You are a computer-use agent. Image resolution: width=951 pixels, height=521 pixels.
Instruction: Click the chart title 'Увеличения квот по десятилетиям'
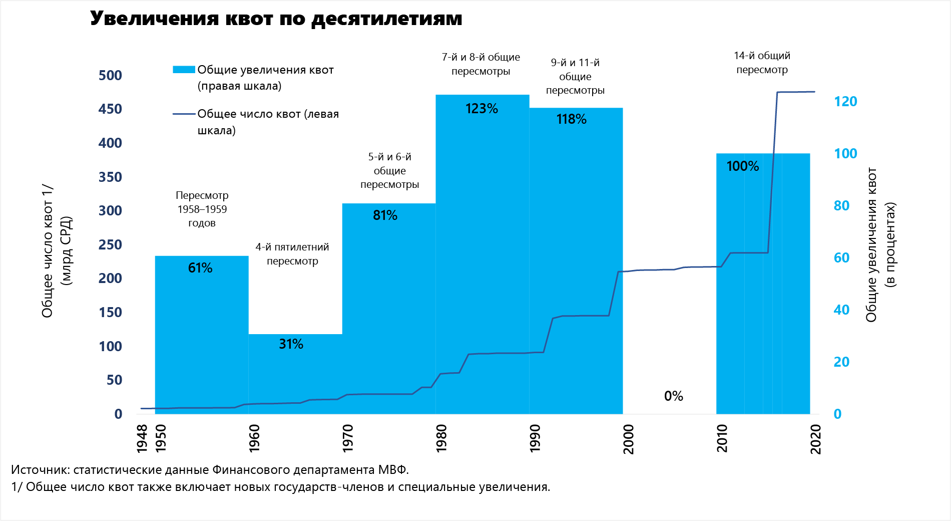point(276,19)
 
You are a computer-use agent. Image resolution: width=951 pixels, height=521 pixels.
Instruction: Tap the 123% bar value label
point(482,109)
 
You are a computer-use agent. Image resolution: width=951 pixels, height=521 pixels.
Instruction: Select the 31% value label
point(291,344)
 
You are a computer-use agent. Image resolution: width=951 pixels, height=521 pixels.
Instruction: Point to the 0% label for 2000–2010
point(673,396)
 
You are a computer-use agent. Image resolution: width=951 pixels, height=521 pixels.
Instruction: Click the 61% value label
point(200,268)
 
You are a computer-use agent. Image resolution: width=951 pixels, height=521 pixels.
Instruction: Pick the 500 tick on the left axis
point(110,76)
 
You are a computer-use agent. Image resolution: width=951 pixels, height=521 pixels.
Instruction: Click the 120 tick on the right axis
point(845,102)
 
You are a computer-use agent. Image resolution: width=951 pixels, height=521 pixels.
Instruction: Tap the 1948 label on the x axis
point(142,438)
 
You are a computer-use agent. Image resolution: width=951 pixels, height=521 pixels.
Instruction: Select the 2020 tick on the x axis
point(816,439)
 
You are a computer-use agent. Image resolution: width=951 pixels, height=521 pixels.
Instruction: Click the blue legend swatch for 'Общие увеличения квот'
point(183,70)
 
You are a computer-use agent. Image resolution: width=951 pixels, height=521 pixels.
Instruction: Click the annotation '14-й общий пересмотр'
point(762,63)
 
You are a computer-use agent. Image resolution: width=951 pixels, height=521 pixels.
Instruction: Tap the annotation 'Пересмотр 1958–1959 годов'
point(202,209)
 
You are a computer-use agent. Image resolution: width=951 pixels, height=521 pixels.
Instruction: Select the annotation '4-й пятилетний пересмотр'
point(292,253)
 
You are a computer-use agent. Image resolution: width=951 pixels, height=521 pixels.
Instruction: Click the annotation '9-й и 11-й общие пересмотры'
point(575,76)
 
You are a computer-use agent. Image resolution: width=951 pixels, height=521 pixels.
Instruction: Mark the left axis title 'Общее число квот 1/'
point(48,250)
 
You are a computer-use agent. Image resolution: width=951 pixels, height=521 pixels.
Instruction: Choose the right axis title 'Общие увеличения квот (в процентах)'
point(871,245)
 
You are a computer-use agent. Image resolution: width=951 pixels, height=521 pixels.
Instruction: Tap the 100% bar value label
point(742,166)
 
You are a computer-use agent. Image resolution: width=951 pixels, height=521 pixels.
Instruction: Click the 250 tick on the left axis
point(110,245)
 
